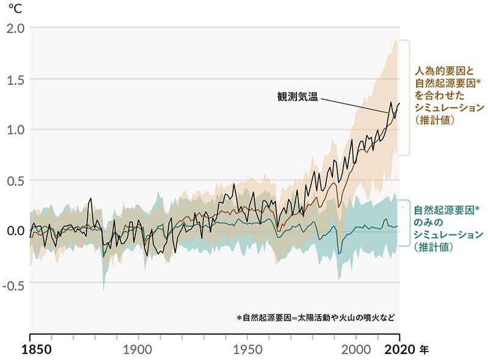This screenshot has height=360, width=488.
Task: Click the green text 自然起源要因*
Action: [x=447, y=210]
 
